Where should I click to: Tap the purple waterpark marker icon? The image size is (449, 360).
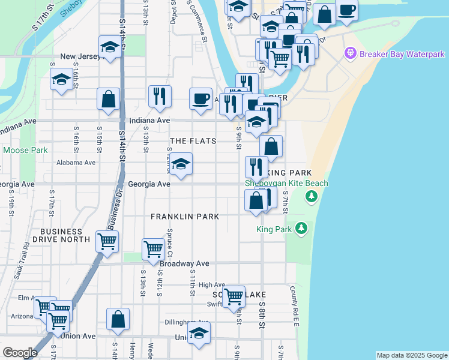point(351,54)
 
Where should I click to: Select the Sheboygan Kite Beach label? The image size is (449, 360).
point(286,183)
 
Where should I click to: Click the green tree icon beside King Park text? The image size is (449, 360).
point(301,229)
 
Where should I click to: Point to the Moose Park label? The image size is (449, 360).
point(25,150)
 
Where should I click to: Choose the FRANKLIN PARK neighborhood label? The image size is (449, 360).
point(185,216)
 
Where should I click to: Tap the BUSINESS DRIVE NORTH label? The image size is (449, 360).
point(61,235)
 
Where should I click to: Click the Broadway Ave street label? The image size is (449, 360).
point(184,263)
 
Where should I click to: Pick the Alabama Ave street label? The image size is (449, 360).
point(76,163)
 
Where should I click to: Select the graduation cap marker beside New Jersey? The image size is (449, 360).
point(110,47)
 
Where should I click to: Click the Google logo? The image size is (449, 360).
point(20,353)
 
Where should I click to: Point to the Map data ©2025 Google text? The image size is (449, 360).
point(411,355)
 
